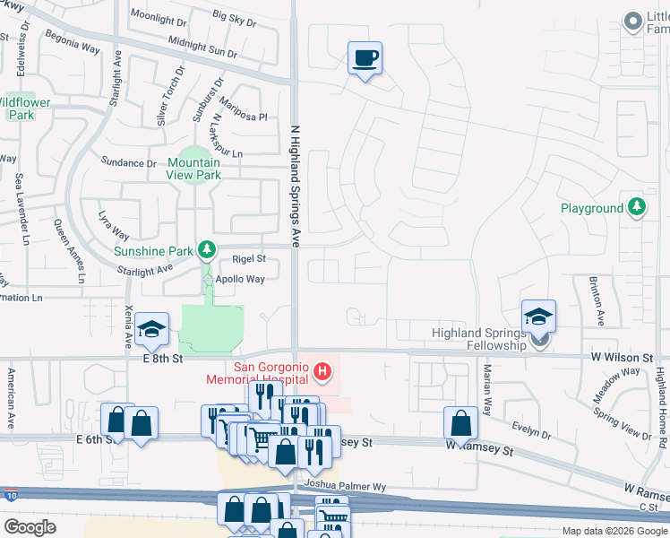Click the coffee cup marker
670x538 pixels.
coord(365,58)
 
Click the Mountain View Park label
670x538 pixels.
coord(194,169)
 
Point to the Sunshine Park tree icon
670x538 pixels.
coord(207,247)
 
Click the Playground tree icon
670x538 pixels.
coord(637,208)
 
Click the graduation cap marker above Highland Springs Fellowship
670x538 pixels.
coord(538,317)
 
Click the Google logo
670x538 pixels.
coord(30,526)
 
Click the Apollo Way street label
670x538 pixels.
coord(239,279)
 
